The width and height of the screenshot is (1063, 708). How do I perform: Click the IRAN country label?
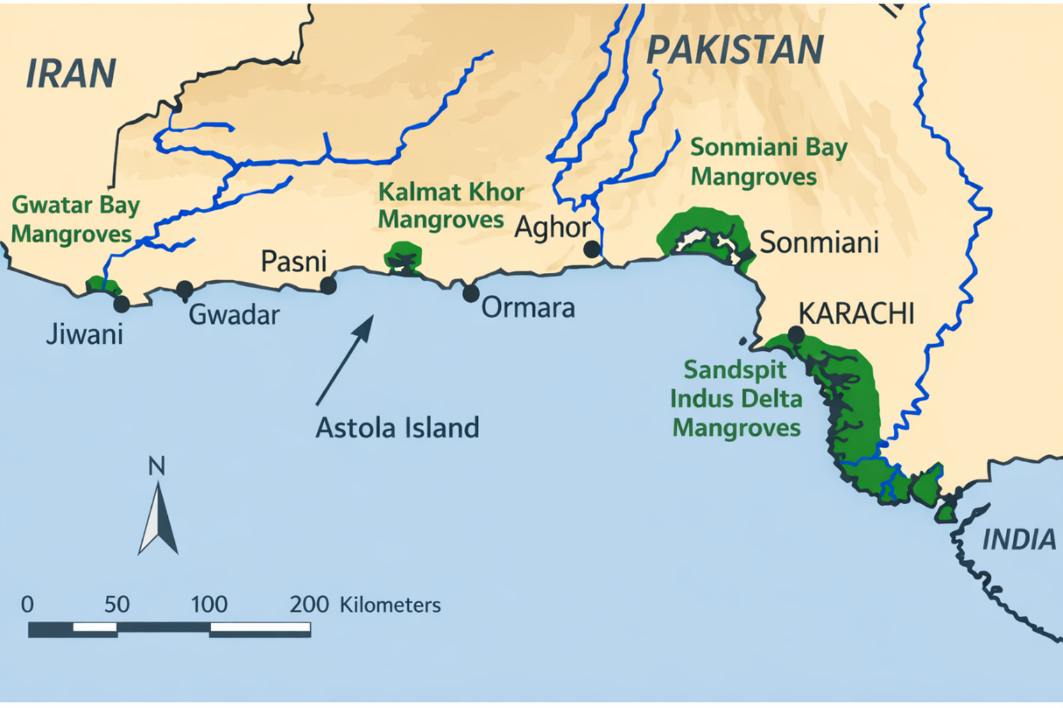click(x=70, y=74)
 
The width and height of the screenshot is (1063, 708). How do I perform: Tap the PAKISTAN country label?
click(x=734, y=50)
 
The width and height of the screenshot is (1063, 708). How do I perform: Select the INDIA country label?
click(x=1018, y=540)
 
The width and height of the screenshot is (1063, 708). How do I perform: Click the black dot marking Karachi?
click(x=796, y=335)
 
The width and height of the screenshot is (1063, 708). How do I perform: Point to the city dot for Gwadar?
click(x=185, y=289)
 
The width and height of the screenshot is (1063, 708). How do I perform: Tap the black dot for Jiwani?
click(x=121, y=304)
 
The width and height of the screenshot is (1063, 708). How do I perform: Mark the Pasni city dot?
click(x=328, y=285)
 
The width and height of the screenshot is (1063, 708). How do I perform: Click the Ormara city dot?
click(x=471, y=293)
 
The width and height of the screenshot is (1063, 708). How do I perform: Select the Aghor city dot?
click(x=591, y=249)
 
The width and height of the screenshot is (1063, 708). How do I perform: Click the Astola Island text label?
click(x=397, y=427)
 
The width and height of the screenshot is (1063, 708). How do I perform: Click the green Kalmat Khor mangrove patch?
click(x=403, y=255)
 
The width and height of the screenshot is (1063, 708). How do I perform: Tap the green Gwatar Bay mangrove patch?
click(x=102, y=285)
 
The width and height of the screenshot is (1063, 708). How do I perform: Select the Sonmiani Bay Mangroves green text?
click(x=768, y=162)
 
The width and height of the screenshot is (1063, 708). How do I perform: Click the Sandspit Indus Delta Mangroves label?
click(x=736, y=398)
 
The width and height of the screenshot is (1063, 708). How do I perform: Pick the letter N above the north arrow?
click(x=157, y=466)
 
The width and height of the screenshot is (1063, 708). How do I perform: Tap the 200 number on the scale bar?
click(x=309, y=604)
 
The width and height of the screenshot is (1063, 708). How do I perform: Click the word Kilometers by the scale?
click(x=390, y=605)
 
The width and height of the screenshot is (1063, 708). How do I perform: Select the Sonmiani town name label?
click(x=818, y=243)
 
